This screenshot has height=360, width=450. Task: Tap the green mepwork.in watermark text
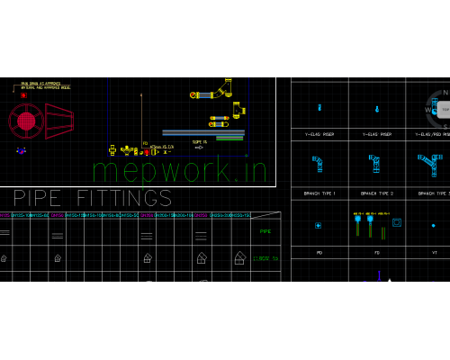click(180, 168)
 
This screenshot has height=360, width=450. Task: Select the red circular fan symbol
click(26, 121)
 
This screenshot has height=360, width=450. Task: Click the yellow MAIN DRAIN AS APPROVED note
click(45, 85)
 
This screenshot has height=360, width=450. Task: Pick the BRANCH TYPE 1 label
click(319, 193)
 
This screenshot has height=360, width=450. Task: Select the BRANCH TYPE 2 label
click(376, 193)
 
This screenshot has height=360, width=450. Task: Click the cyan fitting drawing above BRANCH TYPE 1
click(318, 164)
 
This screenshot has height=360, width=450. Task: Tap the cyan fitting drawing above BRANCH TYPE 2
click(374, 163)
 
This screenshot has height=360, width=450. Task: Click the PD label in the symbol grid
click(319, 253)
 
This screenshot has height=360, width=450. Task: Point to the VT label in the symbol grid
click(435, 253)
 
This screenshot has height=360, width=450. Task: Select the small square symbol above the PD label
click(318, 225)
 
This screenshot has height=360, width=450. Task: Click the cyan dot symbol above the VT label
click(433, 225)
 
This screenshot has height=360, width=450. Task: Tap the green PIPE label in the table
click(265, 231)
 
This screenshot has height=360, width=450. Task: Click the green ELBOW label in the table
click(265, 258)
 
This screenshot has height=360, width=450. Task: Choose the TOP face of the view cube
click(444, 109)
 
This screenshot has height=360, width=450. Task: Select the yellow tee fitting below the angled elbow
click(238, 111)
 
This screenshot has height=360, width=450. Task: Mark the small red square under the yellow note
click(23, 95)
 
